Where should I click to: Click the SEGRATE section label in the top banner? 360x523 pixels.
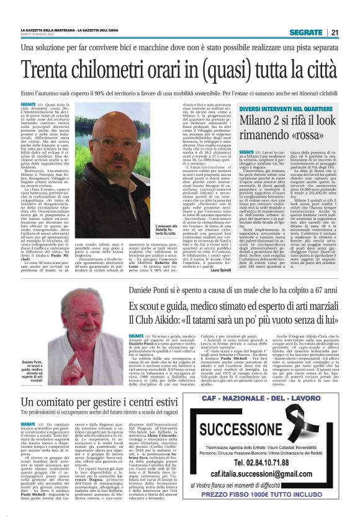point(308,32)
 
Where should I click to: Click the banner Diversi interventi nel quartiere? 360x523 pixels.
point(287,109)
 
